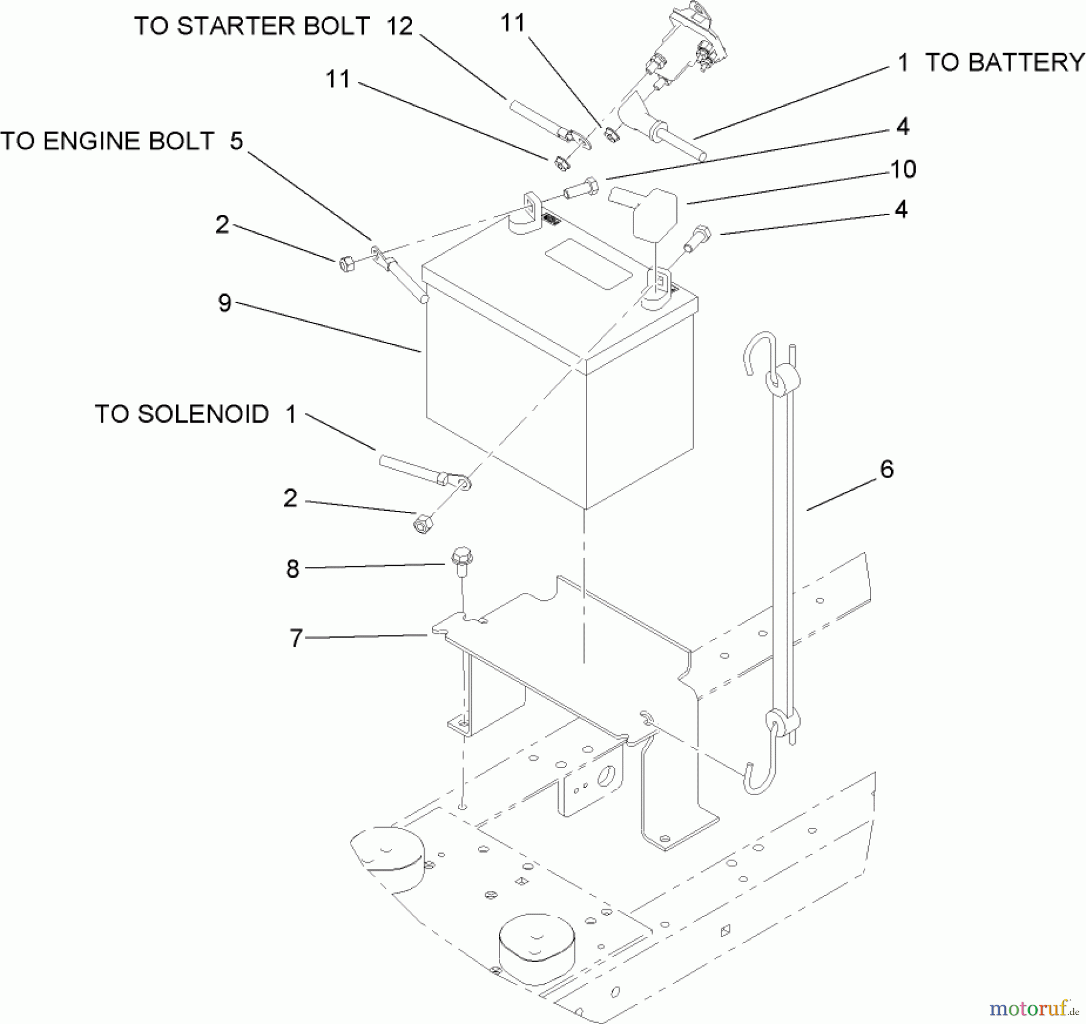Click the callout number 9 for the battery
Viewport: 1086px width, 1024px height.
tap(224, 302)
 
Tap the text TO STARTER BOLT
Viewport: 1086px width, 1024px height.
tap(251, 26)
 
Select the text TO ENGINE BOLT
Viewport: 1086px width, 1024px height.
tap(107, 141)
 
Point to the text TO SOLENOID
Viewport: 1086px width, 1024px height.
tap(182, 414)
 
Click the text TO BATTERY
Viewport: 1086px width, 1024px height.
tap(1005, 63)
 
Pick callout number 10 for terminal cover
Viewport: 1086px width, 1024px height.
tap(903, 169)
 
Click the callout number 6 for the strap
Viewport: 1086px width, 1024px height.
tap(886, 469)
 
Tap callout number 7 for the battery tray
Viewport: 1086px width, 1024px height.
tap(296, 638)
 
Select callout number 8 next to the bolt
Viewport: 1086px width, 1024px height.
tap(293, 568)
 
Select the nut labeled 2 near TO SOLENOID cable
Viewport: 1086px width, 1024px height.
tap(424, 523)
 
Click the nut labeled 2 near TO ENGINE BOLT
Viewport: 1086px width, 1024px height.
tap(346, 264)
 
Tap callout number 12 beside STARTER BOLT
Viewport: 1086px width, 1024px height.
tap(399, 26)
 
